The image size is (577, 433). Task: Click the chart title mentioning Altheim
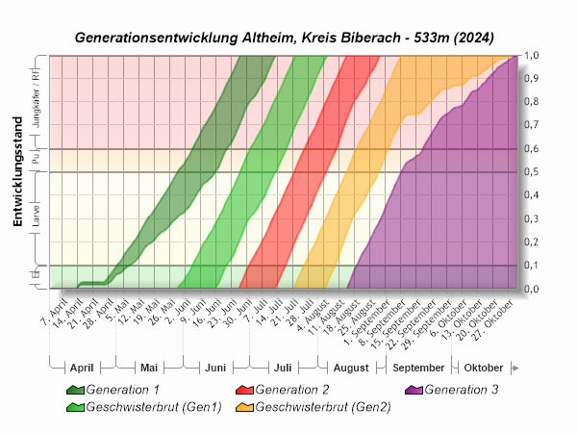click(x=285, y=38)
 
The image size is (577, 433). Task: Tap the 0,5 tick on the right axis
click(x=530, y=172)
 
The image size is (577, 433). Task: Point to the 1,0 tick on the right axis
click(x=530, y=56)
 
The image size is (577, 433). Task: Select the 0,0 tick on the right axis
click(x=530, y=289)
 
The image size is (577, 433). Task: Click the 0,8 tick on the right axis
click(x=530, y=102)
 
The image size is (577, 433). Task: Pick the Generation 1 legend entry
click(x=123, y=390)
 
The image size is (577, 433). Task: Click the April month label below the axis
click(x=81, y=368)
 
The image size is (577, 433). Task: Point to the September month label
click(x=418, y=368)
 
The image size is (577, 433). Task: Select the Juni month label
click(x=215, y=368)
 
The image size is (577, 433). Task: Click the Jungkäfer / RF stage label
click(x=37, y=102)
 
